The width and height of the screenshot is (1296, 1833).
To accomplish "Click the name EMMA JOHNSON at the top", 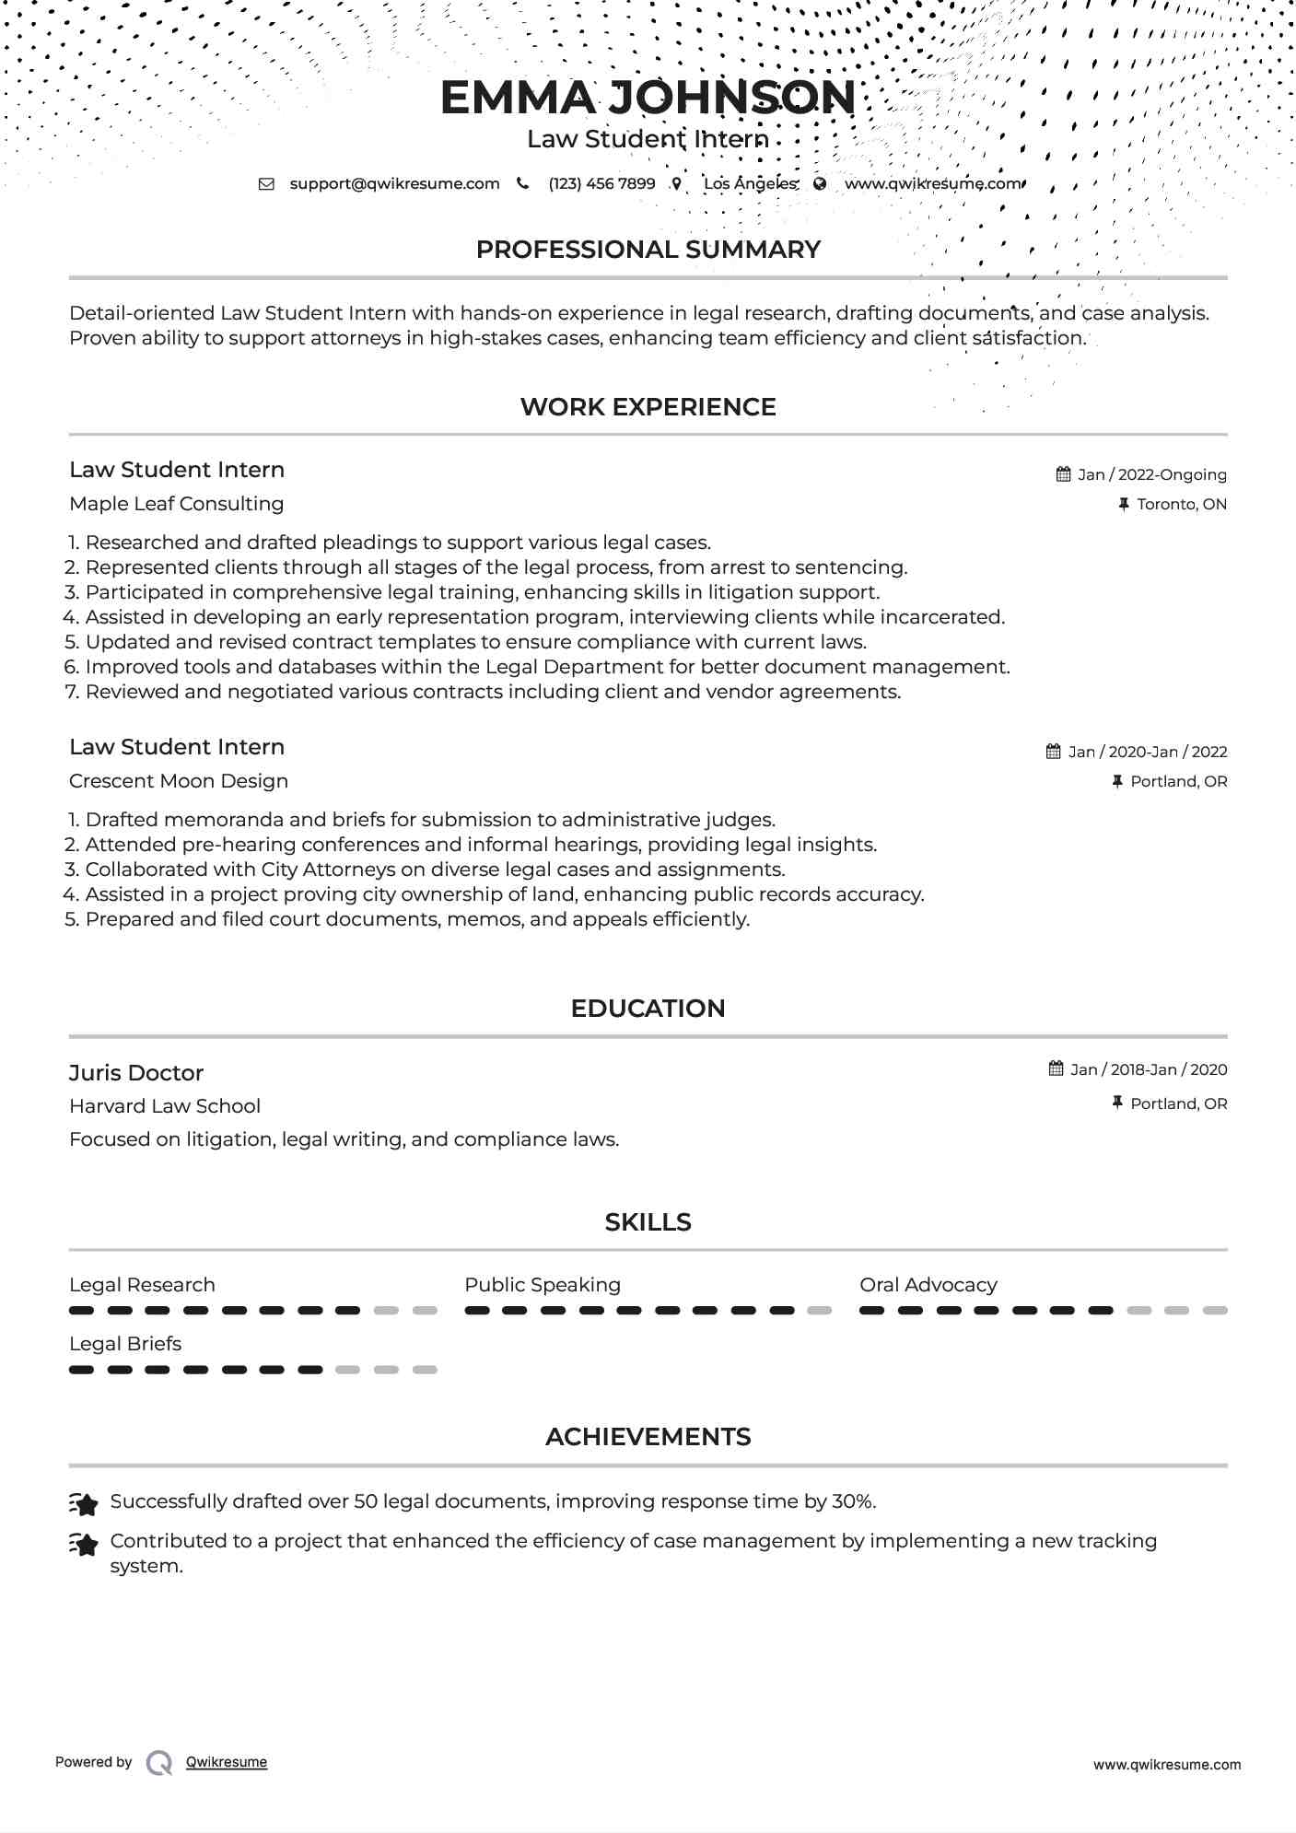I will (x=648, y=98).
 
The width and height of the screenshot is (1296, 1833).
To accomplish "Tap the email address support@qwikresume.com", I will (x=394, y=183).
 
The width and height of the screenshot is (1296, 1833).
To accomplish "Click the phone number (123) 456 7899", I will (x=601, y=183).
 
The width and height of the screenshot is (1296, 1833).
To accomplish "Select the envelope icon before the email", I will (x=266, y=183).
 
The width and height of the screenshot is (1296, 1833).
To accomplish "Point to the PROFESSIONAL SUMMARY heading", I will (x=648, y=250).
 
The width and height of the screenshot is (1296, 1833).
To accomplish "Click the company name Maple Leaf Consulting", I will (x=176, y=504).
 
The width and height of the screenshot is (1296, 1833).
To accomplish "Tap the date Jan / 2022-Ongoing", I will (x=1151, y=474).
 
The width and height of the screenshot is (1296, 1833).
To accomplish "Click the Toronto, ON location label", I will (x=1181, y=504).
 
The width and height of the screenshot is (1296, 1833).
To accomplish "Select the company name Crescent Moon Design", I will (x=179, y=781).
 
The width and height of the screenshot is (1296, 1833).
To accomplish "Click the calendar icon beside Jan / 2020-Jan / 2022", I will (x=1054, y=752).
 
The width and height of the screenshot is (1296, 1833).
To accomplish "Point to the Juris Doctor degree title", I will (x=136, y=1073).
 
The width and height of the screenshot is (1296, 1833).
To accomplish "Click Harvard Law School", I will (x=165, y=1106).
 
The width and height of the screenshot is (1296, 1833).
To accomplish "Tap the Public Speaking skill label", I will (x=543, y=1285).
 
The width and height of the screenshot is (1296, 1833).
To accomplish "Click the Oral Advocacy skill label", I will (x=928, y=1285).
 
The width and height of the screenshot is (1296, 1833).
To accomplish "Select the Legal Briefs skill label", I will (x=125, y=1344).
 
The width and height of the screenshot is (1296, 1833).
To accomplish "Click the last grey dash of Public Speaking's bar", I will (x=819, y=1311).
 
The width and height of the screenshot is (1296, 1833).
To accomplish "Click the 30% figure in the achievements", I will (x=853, y=1501).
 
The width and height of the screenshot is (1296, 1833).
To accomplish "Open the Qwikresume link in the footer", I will (x=227, y=1762).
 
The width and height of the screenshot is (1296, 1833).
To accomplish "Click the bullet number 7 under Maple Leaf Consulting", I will (x=73, y=692).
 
